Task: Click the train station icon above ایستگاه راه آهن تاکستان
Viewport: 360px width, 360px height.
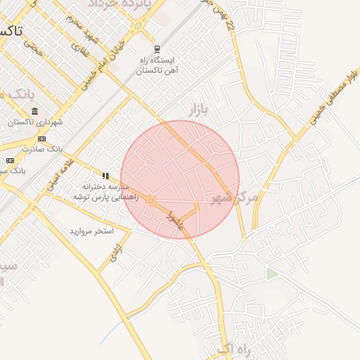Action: (x=157, y=49)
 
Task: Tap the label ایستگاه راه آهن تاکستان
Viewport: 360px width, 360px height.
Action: (x=158, y=65)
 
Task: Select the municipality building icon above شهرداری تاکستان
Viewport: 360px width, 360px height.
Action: (x=35, y=112)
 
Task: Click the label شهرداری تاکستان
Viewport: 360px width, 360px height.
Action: (x=35, y=122)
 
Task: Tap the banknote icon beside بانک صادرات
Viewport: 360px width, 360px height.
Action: (x=10, y=148)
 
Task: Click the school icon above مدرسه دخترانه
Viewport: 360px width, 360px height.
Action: (x=105, y=176)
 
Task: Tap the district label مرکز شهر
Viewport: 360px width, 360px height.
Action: (x=235, y=198)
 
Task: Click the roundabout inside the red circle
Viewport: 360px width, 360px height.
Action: (x=150, y=202)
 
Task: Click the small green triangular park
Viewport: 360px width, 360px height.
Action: (x=272, y=274)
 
